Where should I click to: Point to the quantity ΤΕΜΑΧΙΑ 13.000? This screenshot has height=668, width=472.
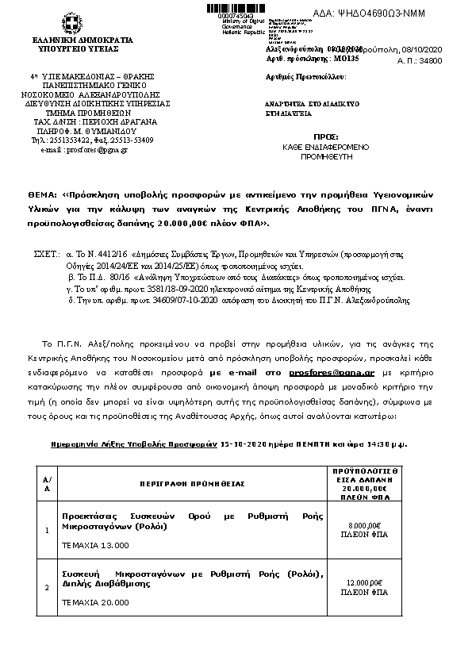[x=95, y=545]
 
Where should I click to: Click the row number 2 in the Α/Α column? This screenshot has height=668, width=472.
[x=47, y=587]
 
